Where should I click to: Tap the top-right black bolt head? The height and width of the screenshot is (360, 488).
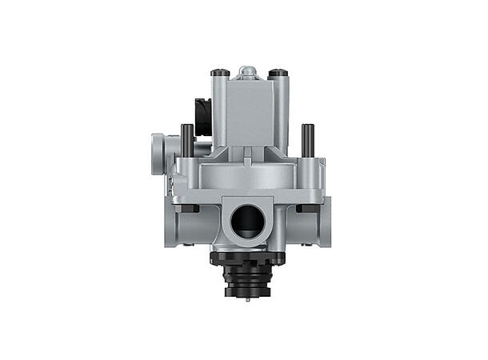(x=278, y=74)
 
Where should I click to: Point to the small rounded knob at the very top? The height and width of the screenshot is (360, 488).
(x=249, y=72)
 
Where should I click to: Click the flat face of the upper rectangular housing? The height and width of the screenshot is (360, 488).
(x=250, y=112)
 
